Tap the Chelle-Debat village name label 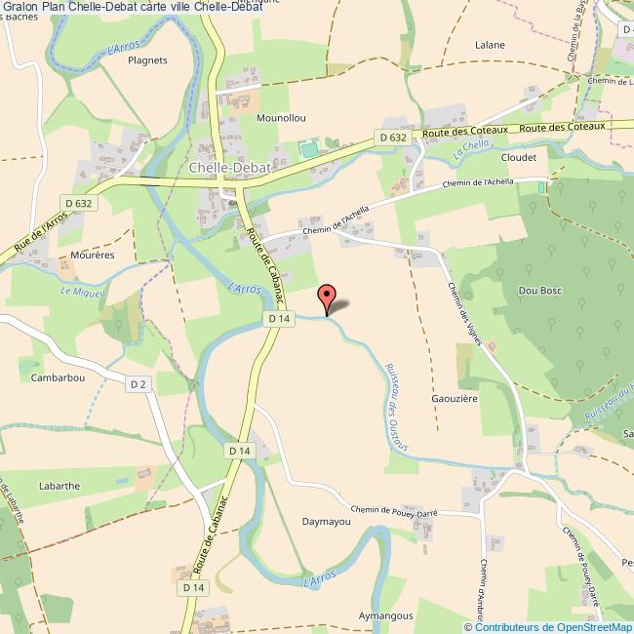pos(223,167)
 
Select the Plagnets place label pos(148,59)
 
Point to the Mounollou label pos(281,118)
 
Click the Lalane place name pos(490,45)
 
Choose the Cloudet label pos(519,157)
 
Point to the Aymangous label pos(386,616)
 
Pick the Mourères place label pos(94,255)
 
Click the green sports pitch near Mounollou pos(309,148)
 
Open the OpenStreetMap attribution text pos(549,626)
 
